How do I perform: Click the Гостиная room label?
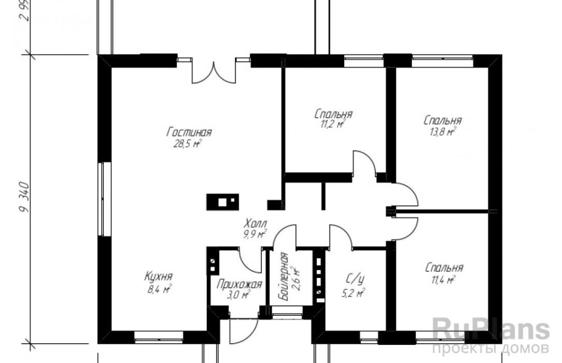pos(189,132)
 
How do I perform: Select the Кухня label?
pos(159,277)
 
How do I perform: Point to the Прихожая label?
pos(239,284)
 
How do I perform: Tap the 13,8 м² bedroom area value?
pos(442,132)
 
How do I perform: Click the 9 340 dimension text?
pos(24,198)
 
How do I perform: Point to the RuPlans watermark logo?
pos(491,330)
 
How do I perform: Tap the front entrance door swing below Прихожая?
pos(244,331)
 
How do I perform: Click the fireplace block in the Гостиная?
pos(223,202)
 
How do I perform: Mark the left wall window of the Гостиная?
pos(103,199)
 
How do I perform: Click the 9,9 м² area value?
pos(255,235)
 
